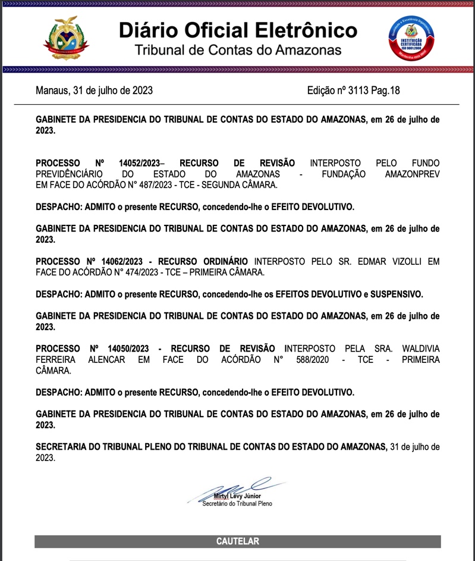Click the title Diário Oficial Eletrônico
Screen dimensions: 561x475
tap(238, 30)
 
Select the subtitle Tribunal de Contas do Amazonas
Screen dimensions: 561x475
tap(238, 49)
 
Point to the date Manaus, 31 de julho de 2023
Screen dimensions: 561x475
tap(94, 91)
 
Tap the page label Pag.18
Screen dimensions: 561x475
tap(386, 91)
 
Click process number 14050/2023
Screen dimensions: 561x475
tap(128, 349)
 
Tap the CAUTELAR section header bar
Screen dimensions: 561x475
tap(237, 541)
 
